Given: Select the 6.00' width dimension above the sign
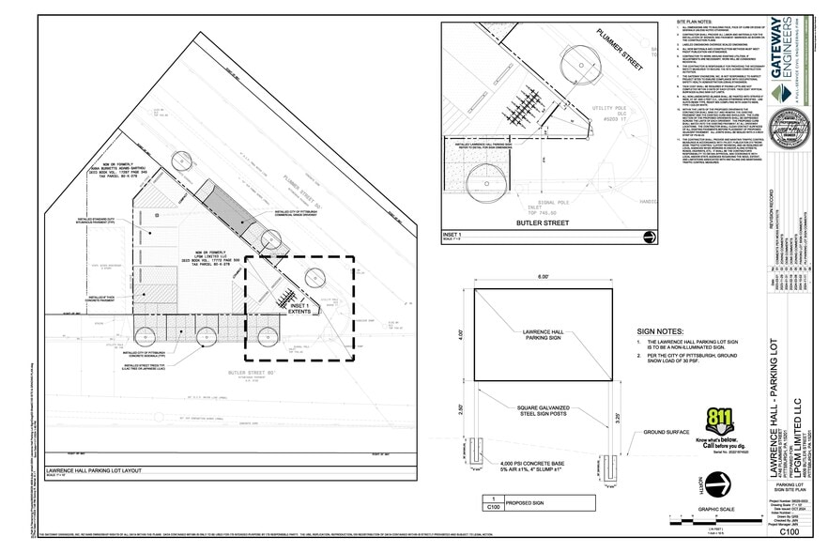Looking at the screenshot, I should [x=544, y=279].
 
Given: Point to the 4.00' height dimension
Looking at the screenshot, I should [x=462, y=333].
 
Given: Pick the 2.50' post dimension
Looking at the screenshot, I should [x=462, y=409].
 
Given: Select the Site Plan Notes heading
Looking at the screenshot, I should [x=698, y=21].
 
